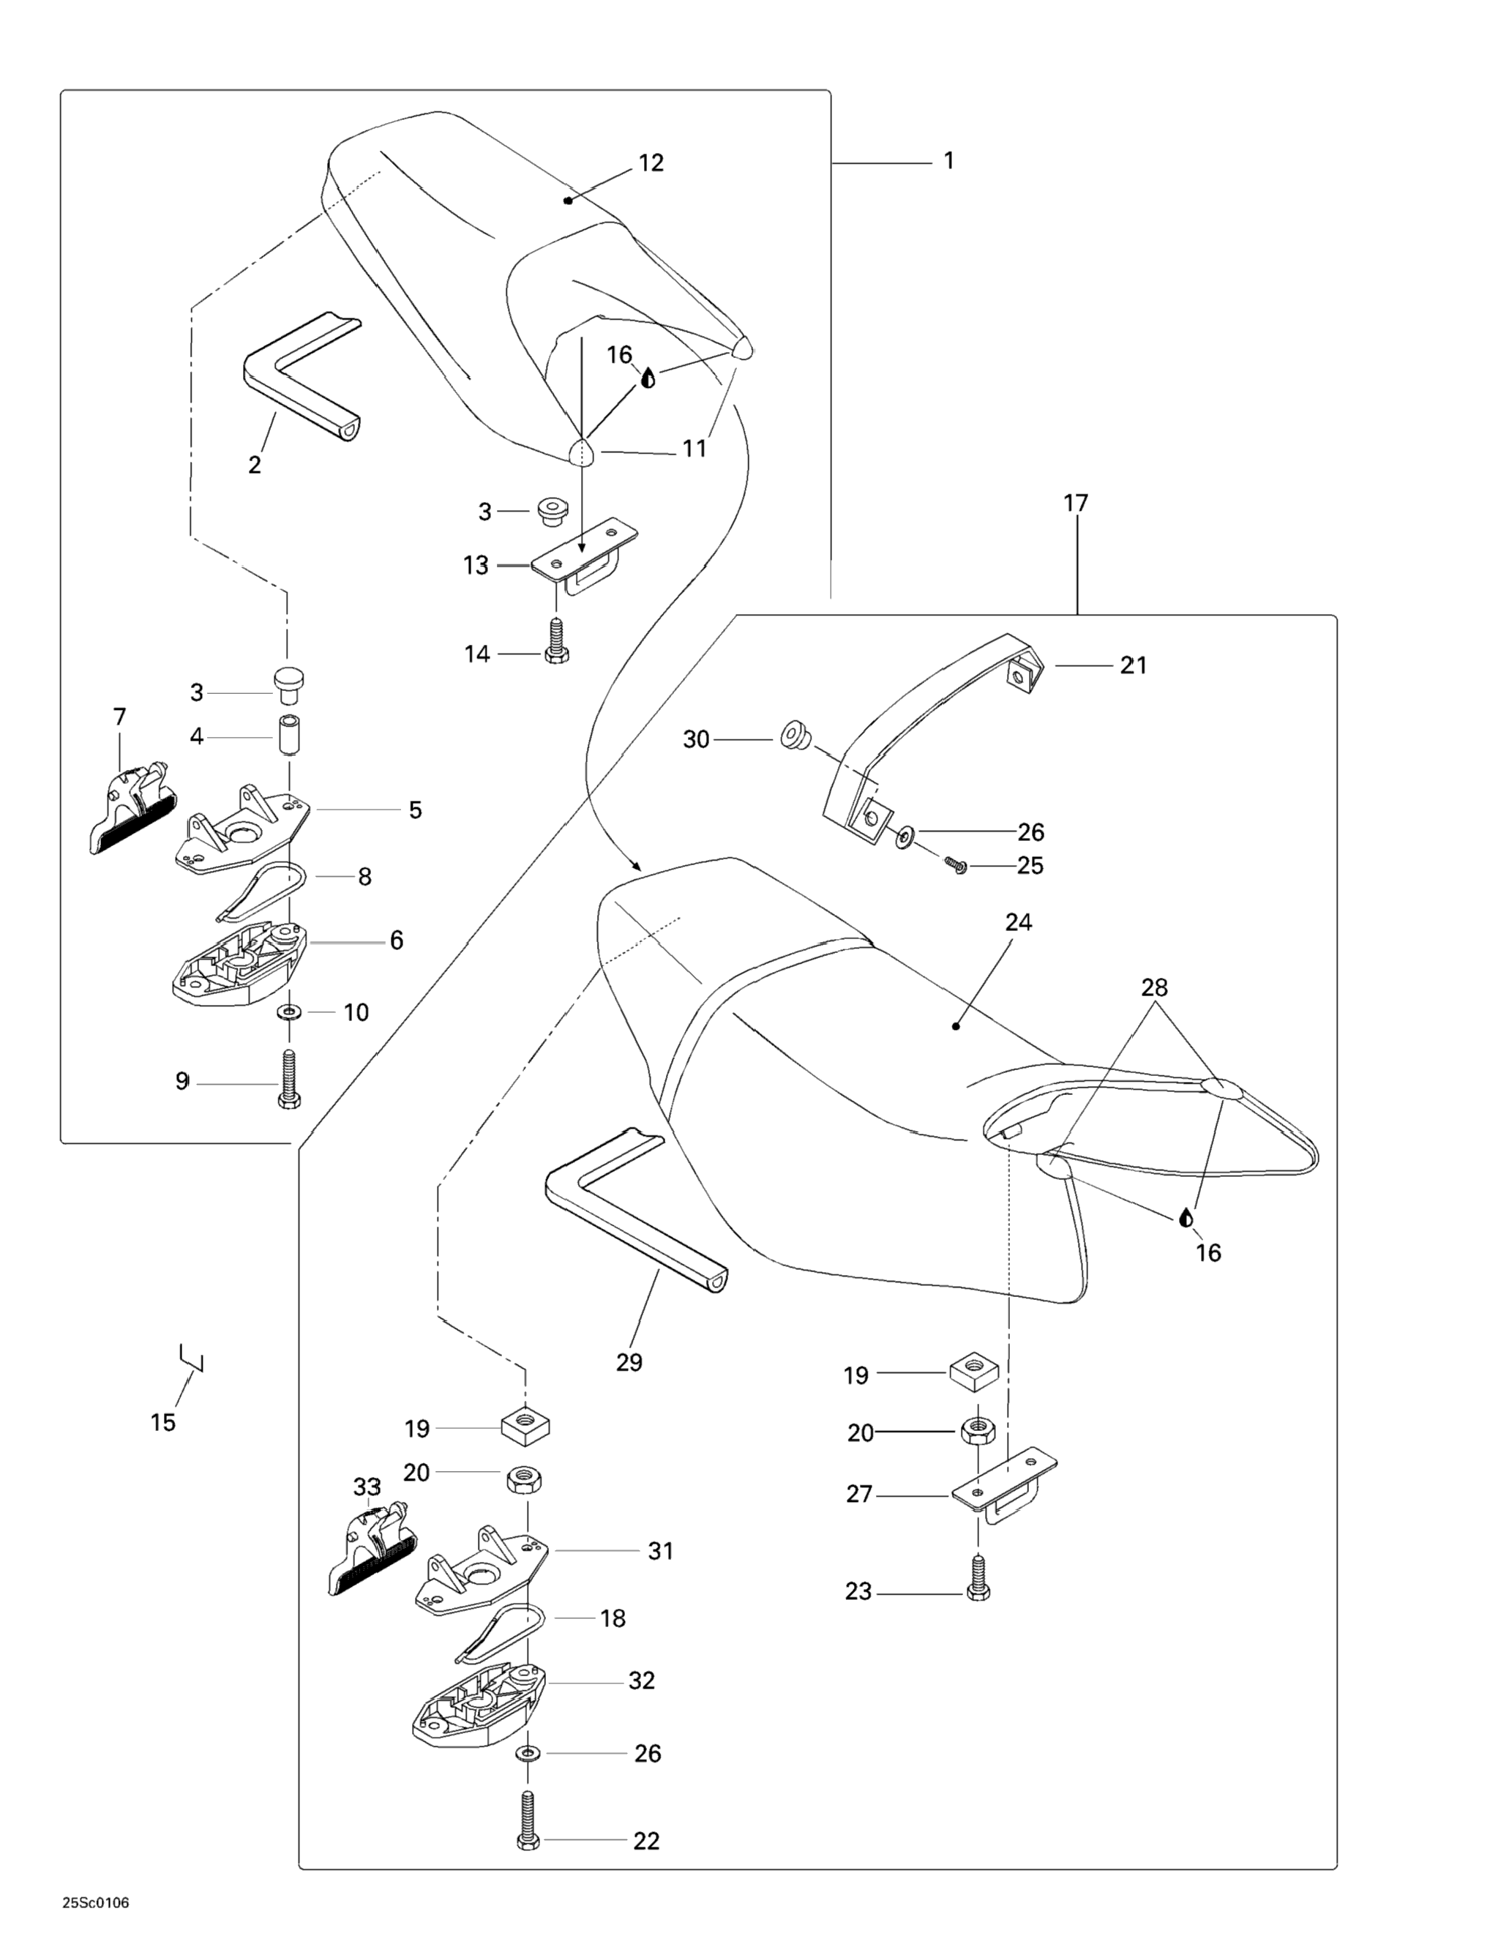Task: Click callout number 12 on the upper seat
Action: [651, 163]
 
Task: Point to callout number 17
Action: [1076, 503]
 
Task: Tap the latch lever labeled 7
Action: [132, 806]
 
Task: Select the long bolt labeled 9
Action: [288, 1080]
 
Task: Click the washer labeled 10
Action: [289, 1012]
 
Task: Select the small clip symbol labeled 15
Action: [192, 1360]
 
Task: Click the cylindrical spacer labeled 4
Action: [288, 736]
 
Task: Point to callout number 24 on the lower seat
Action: [1019, 923]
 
